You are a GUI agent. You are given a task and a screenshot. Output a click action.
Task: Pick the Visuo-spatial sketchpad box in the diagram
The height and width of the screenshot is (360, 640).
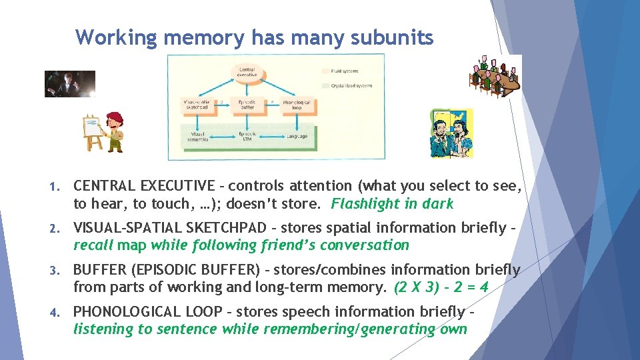(x=198, y=105)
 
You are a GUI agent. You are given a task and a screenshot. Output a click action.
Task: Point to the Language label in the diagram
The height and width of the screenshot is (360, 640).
(x=297, y=137)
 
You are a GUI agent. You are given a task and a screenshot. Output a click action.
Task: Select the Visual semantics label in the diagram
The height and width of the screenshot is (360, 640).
(x=198, y=137)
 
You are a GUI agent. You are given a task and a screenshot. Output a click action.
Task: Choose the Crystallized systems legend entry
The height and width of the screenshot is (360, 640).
(x=347, y=85)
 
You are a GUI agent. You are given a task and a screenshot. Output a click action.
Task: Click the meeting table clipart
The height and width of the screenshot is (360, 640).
(x=497, y=75)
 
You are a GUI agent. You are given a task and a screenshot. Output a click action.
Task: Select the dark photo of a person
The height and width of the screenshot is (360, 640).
(x=69, y=84)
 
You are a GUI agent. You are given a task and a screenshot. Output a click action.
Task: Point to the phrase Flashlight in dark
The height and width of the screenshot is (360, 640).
(x=392, y=204)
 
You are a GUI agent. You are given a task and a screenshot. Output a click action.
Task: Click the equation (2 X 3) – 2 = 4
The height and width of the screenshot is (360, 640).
(x=441, y=288)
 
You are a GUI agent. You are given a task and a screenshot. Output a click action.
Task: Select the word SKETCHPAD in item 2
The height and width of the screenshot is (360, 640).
(x=223, y=228)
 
